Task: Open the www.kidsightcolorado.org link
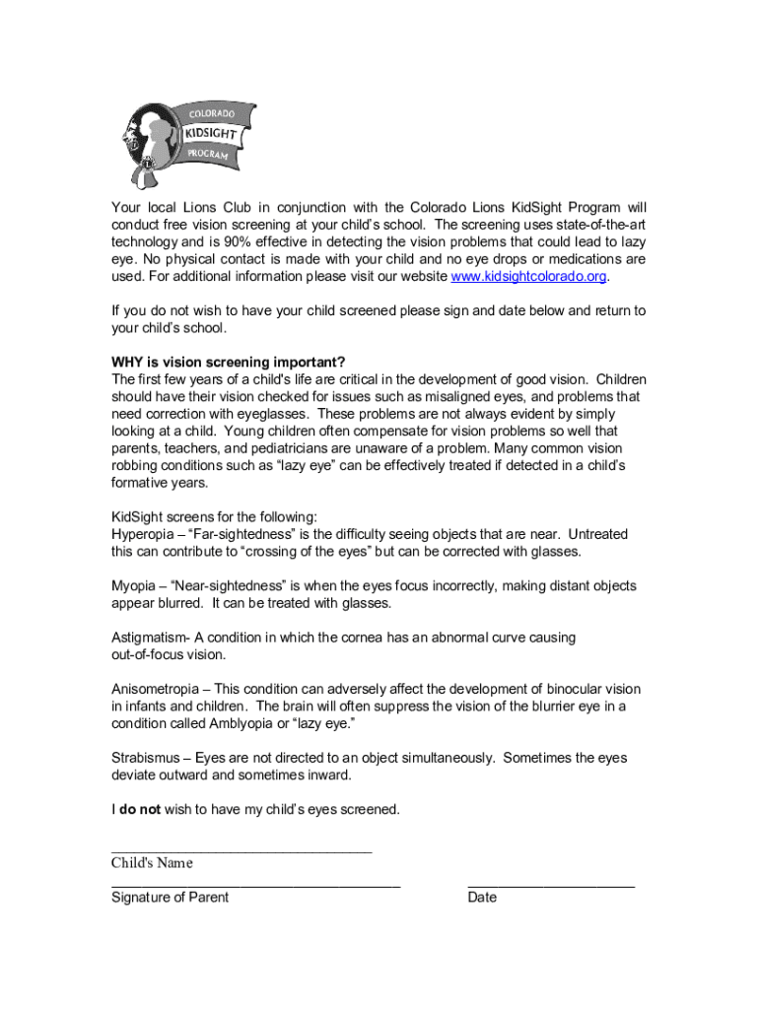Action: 527,276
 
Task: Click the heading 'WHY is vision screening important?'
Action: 229,362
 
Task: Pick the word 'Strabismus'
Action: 147,758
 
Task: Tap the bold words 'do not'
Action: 140,810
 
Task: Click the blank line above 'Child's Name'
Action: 241,849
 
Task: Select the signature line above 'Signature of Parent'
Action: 255,886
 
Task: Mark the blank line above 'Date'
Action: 551,886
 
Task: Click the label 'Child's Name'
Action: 152,863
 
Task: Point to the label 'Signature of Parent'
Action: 170,898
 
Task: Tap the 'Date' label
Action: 482,898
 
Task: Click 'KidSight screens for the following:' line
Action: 214,517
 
